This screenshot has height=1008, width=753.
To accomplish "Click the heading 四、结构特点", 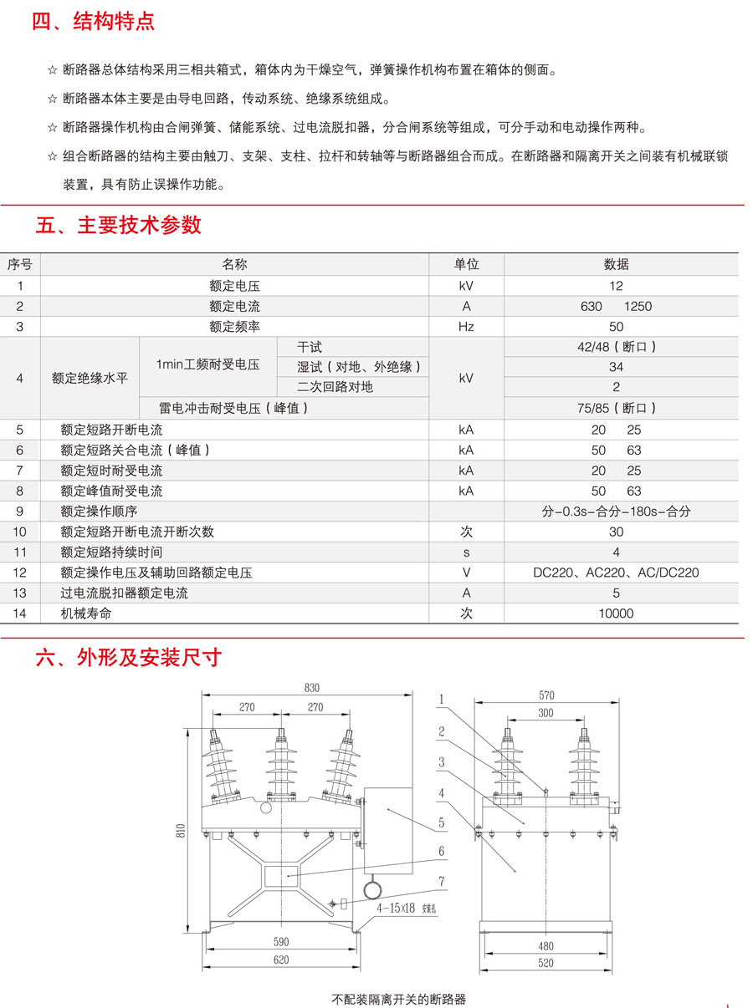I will [93, 22].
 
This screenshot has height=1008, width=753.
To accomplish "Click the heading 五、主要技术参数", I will [118, 225].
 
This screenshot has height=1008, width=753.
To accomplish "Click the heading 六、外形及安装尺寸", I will [128, 658].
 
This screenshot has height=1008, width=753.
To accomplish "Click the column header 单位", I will [466, 265].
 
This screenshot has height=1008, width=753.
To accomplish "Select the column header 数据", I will [616, 265].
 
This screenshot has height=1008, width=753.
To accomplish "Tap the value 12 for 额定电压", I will [616, 286].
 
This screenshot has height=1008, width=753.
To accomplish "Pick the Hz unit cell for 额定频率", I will [466, 327].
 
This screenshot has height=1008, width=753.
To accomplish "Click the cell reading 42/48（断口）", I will [616, 347].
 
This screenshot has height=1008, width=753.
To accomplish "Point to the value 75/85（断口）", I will [616, 408].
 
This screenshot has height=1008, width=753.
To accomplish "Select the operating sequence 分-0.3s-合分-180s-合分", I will [616, 512].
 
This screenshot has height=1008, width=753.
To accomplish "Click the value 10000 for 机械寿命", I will [616, 613].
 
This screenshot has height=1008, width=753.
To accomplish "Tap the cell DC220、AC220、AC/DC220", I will [616, 573].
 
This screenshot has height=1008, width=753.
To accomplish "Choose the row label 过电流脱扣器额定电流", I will [125, 593].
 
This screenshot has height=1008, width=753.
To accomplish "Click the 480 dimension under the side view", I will [546, 946].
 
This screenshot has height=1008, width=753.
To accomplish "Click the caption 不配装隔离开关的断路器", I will [398, 999].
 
